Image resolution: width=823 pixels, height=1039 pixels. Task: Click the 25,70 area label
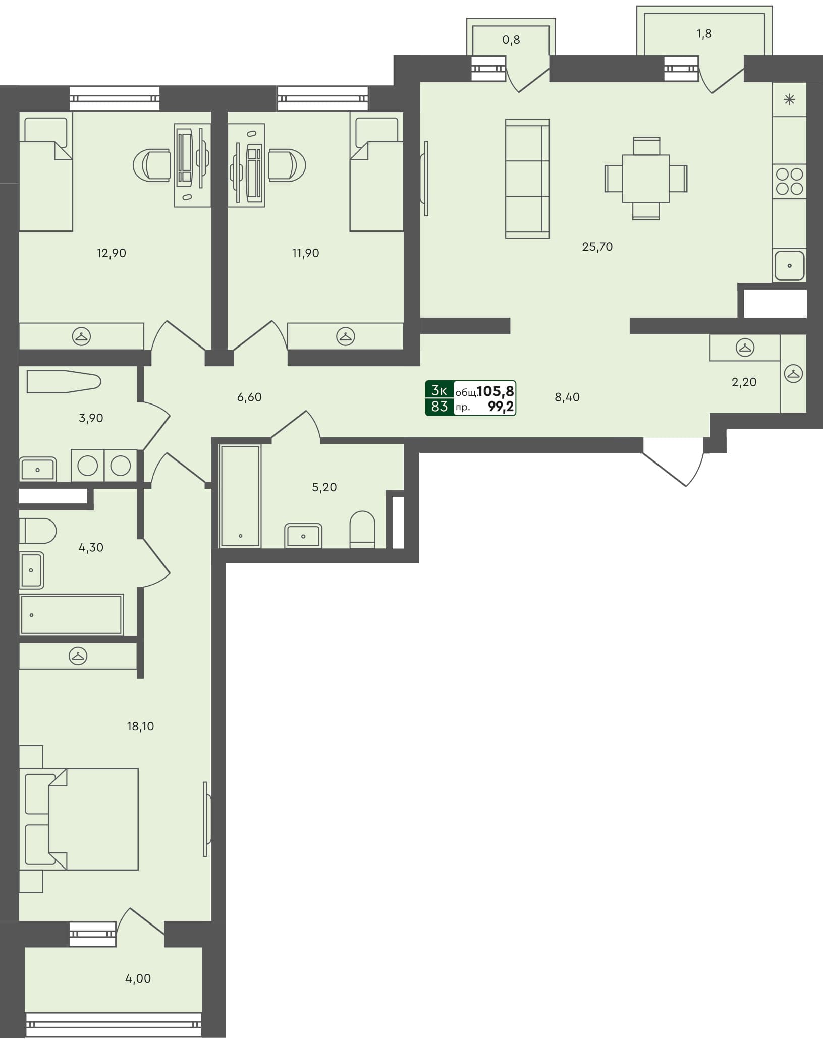(597, 247)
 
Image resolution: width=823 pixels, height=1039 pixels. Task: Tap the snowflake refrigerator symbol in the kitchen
(789, 99)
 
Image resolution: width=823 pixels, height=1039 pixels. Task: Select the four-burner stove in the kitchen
(789, 182)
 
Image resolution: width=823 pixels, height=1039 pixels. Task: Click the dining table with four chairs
(646, 179)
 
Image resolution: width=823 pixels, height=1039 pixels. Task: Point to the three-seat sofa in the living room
(527, 179)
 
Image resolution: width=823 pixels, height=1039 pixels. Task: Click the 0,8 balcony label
(511, 40)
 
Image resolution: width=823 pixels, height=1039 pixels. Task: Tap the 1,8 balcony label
(704, 34)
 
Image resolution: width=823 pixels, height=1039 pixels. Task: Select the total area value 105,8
(496, 391)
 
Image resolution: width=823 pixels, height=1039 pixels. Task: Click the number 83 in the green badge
(439, 406)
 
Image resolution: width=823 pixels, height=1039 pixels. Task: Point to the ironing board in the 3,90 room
(63, 381)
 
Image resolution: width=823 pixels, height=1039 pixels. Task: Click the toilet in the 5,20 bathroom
(362, 529)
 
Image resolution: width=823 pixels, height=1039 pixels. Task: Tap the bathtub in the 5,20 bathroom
(240, 496)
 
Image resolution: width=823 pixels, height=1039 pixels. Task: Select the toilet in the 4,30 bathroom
(38, 531)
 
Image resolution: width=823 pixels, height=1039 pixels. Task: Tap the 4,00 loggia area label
(138, 978)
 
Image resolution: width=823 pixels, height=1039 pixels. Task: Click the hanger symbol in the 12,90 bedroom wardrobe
(81, 336)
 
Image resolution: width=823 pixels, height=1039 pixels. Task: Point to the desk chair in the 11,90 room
(286, 165)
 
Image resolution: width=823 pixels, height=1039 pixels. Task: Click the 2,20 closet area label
(744, 382)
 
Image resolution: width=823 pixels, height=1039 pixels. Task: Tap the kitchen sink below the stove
(789, 265)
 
